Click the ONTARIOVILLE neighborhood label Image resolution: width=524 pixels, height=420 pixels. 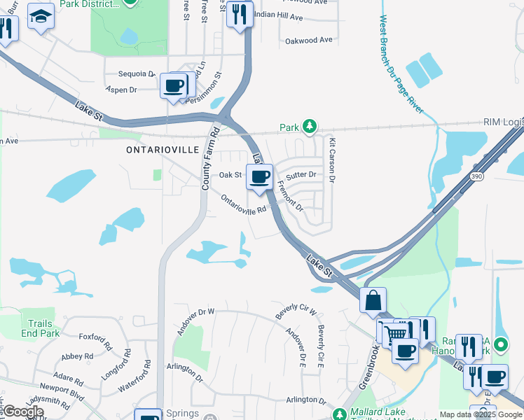click(163, 150)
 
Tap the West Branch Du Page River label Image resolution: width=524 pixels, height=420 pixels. click(401, 64)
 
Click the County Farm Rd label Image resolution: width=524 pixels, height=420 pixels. click(207, 158)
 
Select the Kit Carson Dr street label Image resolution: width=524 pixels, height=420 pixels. click(332, 162)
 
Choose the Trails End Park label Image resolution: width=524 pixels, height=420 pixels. click(41, 328)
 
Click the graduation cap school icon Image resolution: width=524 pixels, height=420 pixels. click(41, 15)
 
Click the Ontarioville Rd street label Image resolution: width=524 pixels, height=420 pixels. click(244, 204)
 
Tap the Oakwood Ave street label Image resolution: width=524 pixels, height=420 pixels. click(308, 40)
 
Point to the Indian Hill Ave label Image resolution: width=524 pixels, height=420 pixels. click(278, 15)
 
